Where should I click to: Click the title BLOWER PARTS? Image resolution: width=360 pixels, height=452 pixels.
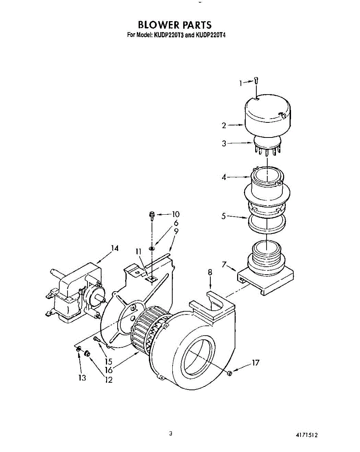[175, 25]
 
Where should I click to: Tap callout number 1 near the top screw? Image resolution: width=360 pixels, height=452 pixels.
[241, 83]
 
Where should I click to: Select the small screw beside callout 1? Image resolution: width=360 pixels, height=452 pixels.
[256, 80]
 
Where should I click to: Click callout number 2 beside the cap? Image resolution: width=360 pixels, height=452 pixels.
[224, 126]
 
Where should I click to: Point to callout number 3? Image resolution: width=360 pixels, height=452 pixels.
[224, 144]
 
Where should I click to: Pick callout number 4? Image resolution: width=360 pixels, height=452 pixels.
[224, 177]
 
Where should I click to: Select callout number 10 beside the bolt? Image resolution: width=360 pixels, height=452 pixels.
[175, 214]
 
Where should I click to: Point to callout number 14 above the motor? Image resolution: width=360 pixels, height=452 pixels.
[115, 248]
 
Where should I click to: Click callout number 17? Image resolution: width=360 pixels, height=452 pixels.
[256, 363]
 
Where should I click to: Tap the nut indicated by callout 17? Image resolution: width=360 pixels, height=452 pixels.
[230, 373]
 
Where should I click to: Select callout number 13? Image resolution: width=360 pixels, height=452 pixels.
[82, 378]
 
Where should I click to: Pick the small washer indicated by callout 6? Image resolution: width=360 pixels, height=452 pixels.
[152, 249]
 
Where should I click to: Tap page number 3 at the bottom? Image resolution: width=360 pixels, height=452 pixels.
[171, 434]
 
